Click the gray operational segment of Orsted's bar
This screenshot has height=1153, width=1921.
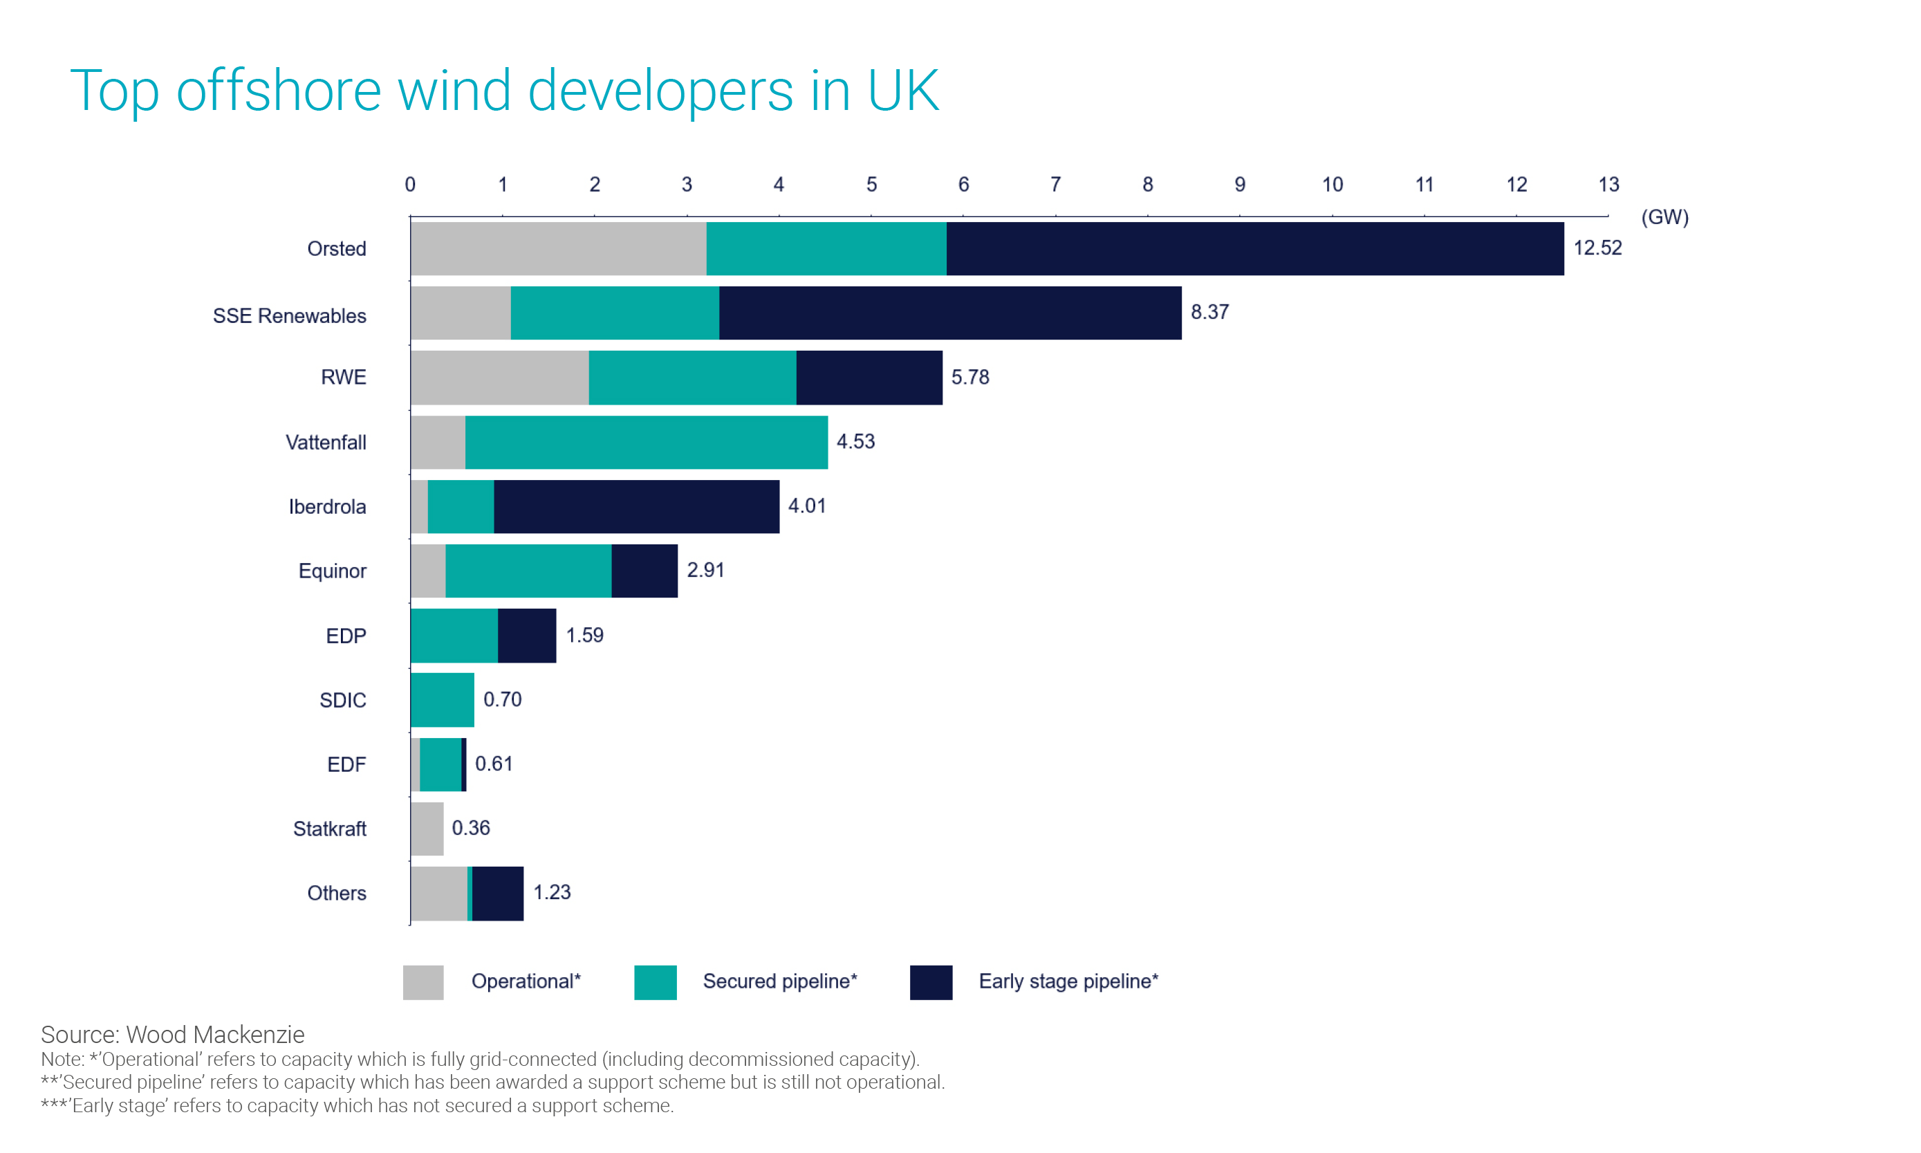(558, 248)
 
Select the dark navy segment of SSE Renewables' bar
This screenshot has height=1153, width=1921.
(949, 313)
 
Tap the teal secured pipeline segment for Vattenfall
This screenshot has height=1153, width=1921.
(647, 442)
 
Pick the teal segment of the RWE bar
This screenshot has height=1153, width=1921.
(692, 378)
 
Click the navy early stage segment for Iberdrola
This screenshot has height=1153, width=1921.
(636, 506)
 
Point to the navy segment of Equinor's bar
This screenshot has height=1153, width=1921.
(644, 571)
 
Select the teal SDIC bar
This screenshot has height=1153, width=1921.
(442, 700)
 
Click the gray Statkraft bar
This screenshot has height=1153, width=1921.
(427, 829)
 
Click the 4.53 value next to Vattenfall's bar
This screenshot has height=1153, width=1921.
(855, 441)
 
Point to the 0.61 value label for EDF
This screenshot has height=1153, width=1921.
(493, 764)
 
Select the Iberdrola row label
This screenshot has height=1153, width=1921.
(327, 506)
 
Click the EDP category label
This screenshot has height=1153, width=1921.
(346, 636)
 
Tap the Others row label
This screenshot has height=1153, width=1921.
(336, 893)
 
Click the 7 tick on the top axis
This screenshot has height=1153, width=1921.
(1055, 184)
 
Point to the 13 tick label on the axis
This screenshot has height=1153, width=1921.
(1607, 184)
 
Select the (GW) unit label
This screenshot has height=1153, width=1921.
(1664, 216)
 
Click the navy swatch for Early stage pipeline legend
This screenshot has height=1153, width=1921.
(931, 982)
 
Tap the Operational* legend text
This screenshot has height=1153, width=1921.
(526, 981)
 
